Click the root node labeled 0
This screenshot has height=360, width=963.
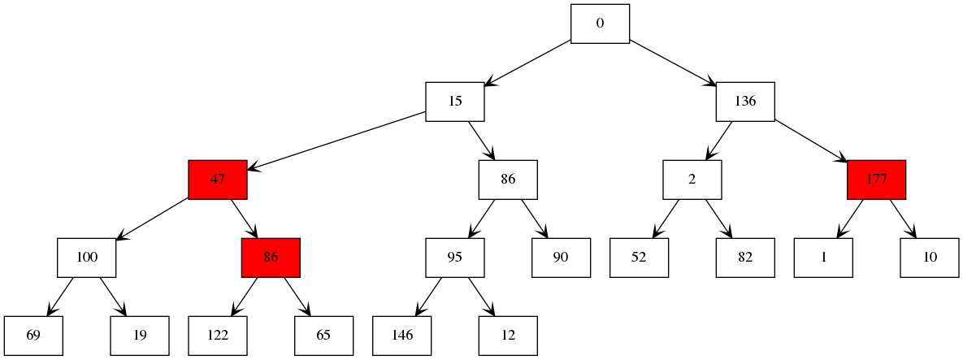point(600,24)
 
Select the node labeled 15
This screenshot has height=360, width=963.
point(455,102)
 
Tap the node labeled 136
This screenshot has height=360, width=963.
point(744,102)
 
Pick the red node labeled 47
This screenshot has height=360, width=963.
point(217,180)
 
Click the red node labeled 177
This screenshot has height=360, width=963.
point(876,180)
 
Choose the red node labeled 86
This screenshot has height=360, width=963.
point(271,258)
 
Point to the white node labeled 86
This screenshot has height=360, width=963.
point(508,180)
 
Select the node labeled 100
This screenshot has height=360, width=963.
point(86,258)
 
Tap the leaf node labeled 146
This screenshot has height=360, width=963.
point(401,336)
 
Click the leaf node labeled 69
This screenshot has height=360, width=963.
point(33,336)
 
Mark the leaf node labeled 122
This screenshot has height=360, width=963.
point(217,336)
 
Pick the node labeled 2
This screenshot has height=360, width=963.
point(692,180)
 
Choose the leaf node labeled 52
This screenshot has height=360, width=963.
point(639,258)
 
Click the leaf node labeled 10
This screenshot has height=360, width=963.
point(930,258)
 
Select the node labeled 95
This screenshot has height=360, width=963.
point(455,258)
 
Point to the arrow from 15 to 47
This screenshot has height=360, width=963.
point(336,141)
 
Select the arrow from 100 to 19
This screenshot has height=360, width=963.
point(113,297)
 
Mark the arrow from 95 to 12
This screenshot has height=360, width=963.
point(481,297)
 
